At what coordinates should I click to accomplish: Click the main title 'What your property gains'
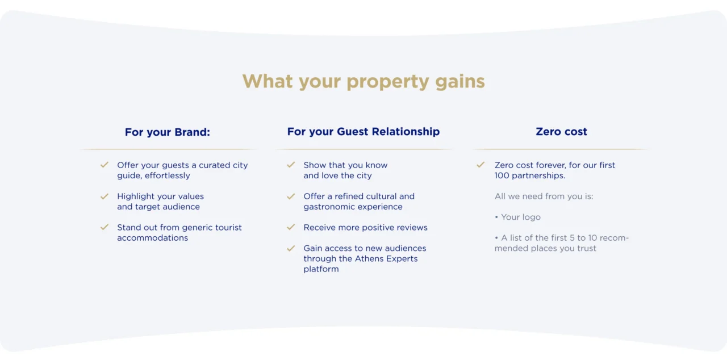[363, 81]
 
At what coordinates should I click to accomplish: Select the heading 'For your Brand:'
[168, 132]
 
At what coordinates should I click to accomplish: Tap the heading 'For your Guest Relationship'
[363, 131]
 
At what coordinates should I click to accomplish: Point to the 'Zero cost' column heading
[562, 131]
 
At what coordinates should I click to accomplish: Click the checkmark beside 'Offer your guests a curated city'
[105, 165]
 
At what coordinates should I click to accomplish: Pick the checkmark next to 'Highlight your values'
[105, 196]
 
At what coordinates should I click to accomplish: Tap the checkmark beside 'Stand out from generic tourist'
[105, 227]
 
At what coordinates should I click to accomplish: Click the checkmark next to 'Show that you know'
[291, 165]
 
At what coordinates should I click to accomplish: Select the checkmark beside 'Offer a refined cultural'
[291, 196]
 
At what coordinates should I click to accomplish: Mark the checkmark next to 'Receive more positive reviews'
[291, 227]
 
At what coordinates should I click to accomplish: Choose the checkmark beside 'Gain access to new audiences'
[291, 248]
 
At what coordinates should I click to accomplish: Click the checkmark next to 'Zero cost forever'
[481, 165]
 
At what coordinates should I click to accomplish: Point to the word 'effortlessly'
[168, 175]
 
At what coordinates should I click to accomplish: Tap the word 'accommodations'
[153, 238]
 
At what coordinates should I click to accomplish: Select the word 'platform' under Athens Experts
[321, 269]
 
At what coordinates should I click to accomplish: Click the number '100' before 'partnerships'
[502, 175]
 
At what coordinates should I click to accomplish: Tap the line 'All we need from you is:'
[544, 196]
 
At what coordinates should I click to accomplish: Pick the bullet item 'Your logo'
[517, 217]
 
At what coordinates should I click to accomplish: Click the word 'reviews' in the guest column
[413, 227]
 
